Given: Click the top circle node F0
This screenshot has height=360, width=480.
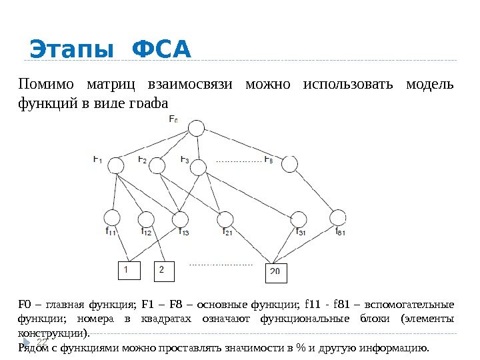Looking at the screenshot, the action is pyautogui.click(x=196, y=128).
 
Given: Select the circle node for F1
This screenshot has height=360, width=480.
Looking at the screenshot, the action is pyautogui.click(x=116, y=165).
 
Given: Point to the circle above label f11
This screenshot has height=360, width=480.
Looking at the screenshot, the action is pyautogui.click(x=113, y=217).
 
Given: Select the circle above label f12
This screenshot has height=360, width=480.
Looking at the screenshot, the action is pyautogui.click(x=146, y=219).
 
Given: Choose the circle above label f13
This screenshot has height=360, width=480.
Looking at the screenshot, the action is pyautogui.click(x=180, y=219).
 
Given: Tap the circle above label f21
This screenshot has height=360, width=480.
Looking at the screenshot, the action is pyautogui.click(x=226, y=219).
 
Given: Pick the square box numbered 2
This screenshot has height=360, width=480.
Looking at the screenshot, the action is pyautogui.click(x=162, y=271).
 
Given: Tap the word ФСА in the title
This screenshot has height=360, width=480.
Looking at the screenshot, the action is pyautogui.click(x=162, y=50).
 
